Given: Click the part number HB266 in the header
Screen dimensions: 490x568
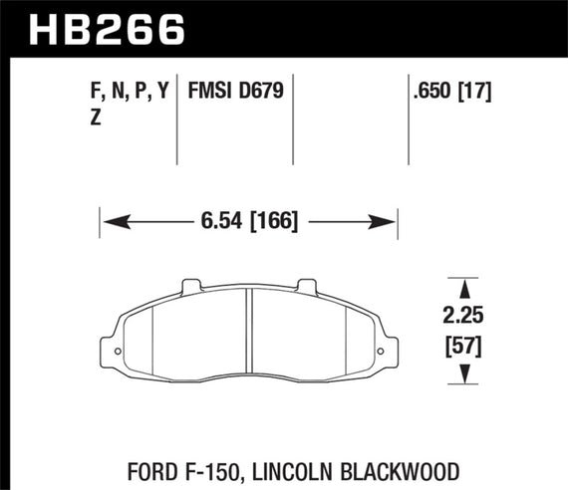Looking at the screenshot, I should [x=97, y=28].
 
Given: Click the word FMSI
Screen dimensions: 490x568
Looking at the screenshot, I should [x=212, y=93].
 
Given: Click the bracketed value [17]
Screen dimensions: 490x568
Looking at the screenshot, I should [x=480, y=93].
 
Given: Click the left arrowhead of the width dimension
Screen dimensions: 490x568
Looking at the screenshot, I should [x=109, y=221].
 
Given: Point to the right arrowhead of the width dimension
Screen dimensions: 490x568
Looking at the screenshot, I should [x=390, y=221].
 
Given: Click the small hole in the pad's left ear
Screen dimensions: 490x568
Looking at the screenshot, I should [x=117, y=352].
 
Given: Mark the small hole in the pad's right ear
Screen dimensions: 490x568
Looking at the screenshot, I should [x=381, y=352].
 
